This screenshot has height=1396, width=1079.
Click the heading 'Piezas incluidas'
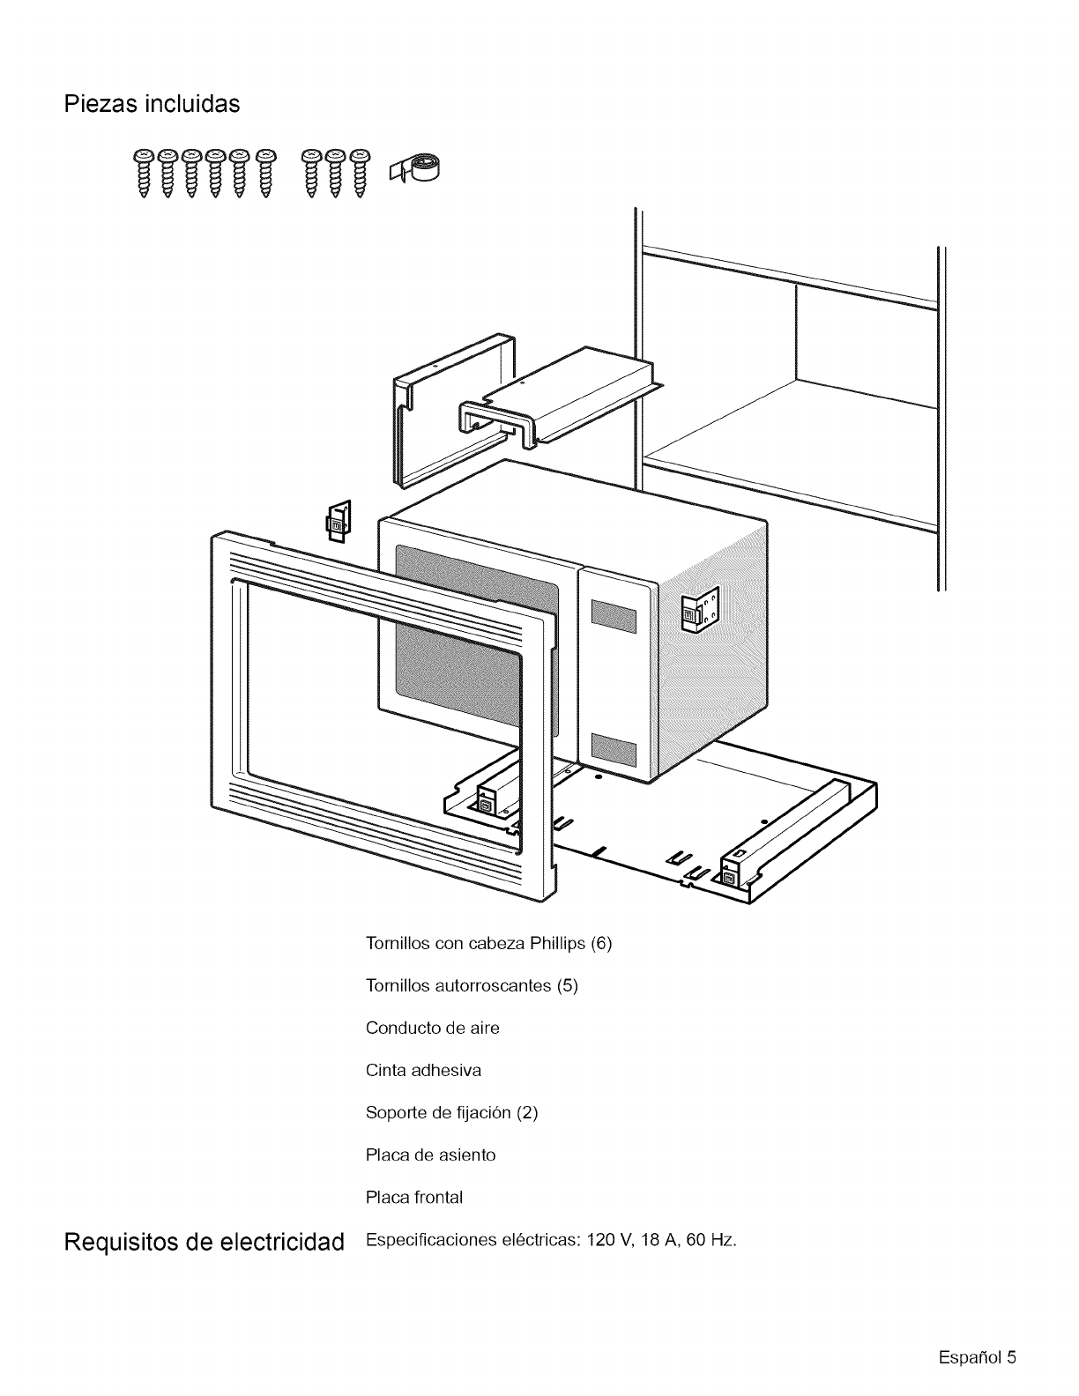[x=152, y=104]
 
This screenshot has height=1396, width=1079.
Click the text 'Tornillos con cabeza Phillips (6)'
[x=487, y=943]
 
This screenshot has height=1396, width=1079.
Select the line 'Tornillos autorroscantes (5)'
[x=472, y=985]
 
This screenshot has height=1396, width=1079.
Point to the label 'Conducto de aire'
[x=432, y=1028]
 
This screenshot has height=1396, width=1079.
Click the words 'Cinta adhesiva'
[x=423, y=1070]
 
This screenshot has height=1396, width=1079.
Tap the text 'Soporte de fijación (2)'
[x=451, y=1112]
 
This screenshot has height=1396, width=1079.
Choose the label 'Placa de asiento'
[x=430, y=1155]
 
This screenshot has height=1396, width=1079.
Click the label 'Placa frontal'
[x=413, y=1197]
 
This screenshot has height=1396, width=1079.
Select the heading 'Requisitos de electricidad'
[x=203, y=1243]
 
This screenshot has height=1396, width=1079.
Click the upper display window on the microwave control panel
[x=614, y=616]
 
